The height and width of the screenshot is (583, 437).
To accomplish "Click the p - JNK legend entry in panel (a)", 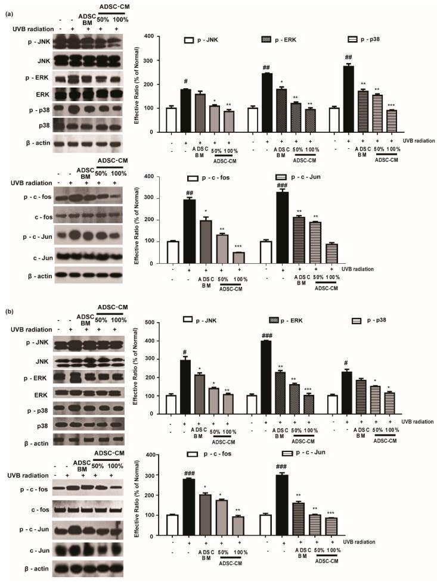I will [208, 40].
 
